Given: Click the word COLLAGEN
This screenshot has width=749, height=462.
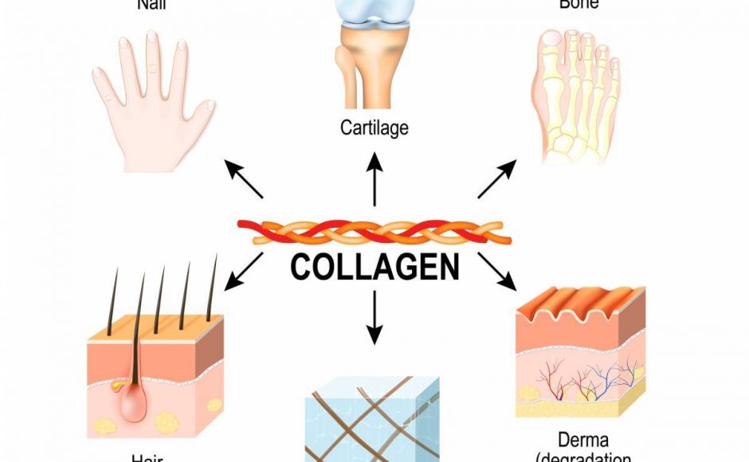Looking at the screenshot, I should pyautogui.click(x=374, y=268).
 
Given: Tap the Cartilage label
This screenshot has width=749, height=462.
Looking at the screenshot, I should pyautogui.click(x=374, y=127).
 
